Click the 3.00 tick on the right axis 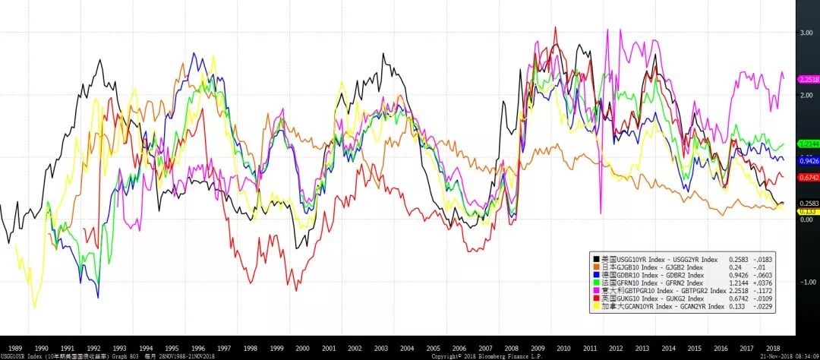coord(806,33)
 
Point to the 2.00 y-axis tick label coord(806,95)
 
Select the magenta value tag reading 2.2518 coord(808,79)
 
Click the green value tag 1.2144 coord(808,144)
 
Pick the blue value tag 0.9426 coord(808,160)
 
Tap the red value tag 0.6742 coord(808,177)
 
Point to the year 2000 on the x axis coord(303,346)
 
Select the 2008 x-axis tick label coord(512,346)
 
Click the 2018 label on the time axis coord(773,346)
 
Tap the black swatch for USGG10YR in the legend coord(596,260)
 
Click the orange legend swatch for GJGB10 coord(596,267)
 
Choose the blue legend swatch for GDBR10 coord(596,274)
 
